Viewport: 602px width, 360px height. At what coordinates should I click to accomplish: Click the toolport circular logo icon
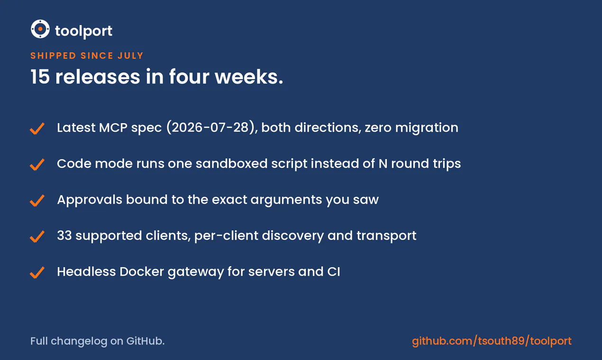(40, 29)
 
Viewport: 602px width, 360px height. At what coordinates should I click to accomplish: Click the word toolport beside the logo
(83, 31)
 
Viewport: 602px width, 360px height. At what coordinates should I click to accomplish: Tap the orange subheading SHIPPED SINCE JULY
(87, 55)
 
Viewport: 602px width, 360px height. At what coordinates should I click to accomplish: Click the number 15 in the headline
(40, 77)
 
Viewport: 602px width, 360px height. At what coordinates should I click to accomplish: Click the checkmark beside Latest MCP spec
(37, 128)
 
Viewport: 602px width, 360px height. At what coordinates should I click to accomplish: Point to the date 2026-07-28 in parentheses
(210, 127)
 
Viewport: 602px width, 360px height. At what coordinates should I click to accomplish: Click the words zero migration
(411, 127)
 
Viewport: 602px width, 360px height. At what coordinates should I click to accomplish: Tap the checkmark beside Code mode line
(37, 164)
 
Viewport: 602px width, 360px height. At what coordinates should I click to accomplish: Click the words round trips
(426, 164)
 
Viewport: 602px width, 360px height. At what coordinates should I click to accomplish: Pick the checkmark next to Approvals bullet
(37, 200)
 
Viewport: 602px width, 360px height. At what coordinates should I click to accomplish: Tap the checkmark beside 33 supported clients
(37, 236)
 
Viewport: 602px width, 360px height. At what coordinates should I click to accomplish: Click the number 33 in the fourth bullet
(64, 235)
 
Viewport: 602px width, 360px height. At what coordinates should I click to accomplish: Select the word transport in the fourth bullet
(386, 236)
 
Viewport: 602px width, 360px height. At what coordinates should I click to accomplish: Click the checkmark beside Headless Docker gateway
(37, 272)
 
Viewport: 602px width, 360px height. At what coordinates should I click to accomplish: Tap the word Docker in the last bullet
(142, 271)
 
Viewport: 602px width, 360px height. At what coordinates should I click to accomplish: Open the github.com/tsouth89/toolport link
(492, 341)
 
